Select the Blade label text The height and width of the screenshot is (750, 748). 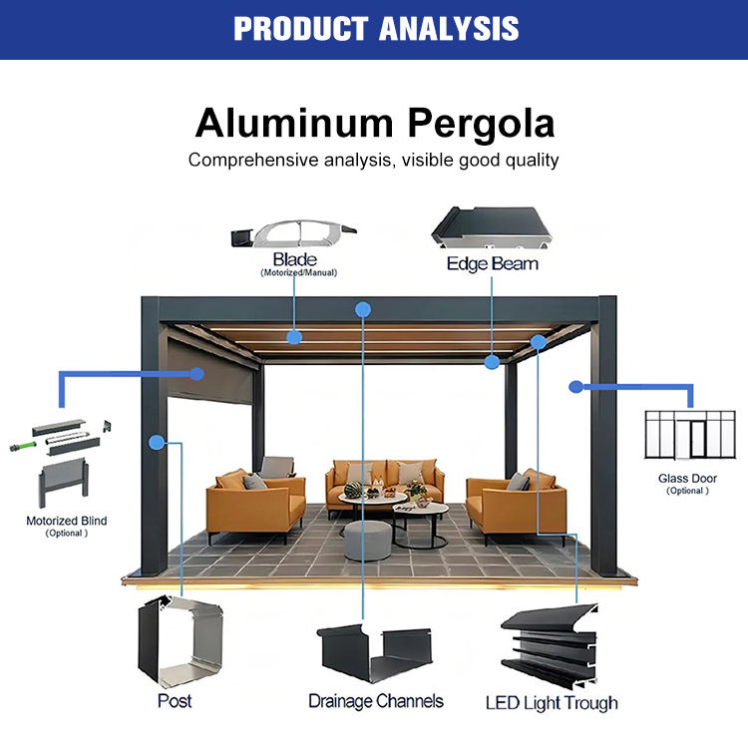pyautogui.click(x=295, y=259)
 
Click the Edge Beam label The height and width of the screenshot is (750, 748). pyautogui.click(x=492, y=264)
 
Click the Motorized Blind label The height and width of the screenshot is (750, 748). pyautogui.click(x=67, y=521)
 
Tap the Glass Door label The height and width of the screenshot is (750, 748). pyautogui.click(x=687, y=479)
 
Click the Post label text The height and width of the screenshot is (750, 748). pyautogui.click(x=175, y=701)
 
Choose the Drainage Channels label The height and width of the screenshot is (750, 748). pyautogui.click(x=375, y=701)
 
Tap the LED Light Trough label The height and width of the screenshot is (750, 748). pyautogui.click(x=552, y=703)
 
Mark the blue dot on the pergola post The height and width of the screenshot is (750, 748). pyautogui.click(x=156, y=442)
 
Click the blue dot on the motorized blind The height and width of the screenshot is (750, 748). pyautogui.click(x=197, y=374)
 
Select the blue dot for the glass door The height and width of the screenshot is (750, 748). pyautogui.click(x=575, y=386)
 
